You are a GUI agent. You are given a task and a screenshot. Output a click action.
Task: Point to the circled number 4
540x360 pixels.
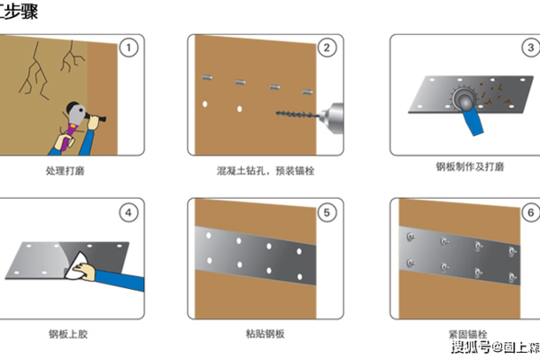[130, 213]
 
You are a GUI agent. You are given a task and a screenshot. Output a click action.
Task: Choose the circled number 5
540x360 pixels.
[328, 213]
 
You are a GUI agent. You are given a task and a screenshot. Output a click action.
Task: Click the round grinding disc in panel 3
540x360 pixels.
[463, 97]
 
